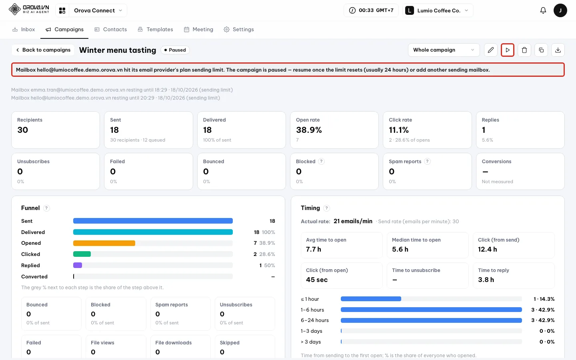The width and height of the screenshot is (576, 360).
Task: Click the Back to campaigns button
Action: pos(43,50)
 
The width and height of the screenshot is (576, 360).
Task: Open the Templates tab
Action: pos(155,29)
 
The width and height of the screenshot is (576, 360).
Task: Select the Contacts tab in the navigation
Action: pos(110,29)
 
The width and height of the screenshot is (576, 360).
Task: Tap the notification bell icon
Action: pos(543,10)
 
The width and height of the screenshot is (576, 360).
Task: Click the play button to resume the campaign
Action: pos(507,50)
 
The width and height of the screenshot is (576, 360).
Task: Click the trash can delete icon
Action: pos(524,50)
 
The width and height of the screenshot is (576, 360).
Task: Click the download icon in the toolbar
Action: pos(558,50)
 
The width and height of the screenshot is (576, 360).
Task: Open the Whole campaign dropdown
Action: pos(444,50)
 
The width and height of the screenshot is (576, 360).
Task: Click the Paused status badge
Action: pos(175,50)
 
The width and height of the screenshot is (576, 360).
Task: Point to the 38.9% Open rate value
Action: pos(309,130)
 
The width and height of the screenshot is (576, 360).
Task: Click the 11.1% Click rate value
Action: pos(398,130)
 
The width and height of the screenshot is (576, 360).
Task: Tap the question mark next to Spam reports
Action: pos(427,161)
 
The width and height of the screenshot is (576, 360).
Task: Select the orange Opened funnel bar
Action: pos(104,243)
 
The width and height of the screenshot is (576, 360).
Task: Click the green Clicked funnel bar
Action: pos(82,254)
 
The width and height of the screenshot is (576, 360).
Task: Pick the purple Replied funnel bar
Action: pos(78,265)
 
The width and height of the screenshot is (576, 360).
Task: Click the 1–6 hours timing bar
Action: pos(431,310)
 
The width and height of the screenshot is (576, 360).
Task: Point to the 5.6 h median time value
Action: pos(400,249)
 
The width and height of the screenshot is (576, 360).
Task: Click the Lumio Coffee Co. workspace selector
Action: pos(438,10)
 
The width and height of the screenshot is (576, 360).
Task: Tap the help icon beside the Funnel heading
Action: pos(46,208)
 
